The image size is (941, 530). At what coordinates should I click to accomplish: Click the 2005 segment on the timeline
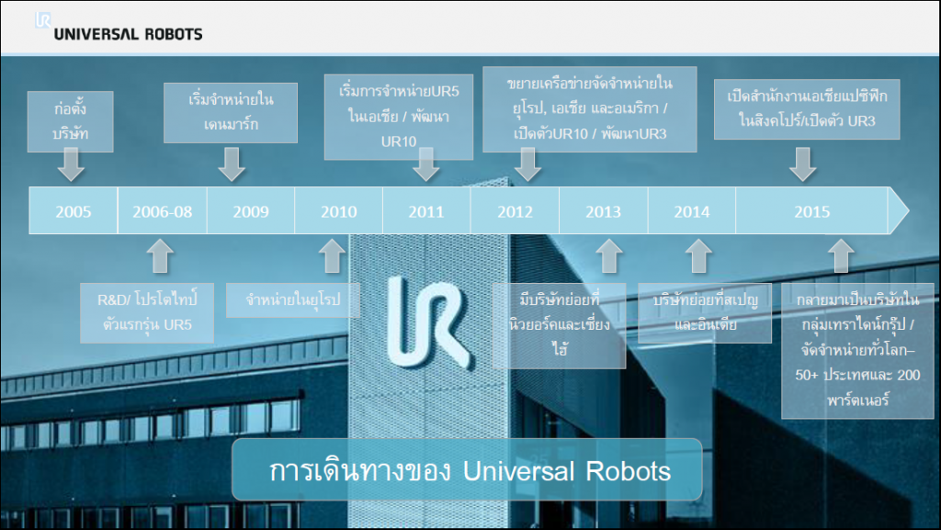pyautogui.click(x=74, y=211)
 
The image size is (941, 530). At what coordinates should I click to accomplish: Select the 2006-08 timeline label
pyautogui.click(x=162, y=211)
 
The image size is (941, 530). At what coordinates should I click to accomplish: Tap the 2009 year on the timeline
pyautogui.click(x=251, y=211)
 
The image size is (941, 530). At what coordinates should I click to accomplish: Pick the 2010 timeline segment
pyautogui.click(x=338, y=211)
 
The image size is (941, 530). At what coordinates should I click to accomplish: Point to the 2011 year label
pyautogui.click(x=426, y=211)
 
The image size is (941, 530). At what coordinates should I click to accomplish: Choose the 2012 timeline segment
pyautogui.click(x=515, y=211)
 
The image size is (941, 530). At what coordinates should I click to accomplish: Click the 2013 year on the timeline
pyautogui.click(x=603, y=211)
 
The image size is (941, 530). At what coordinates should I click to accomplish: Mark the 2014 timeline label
pyautogui.click(x=691, y=211)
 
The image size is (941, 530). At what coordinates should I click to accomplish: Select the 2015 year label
pyautogui.click(x=812, y=211)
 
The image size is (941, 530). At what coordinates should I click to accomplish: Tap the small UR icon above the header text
pyautogui.click(x=43, y=20)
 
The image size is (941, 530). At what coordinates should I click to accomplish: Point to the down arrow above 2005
pyautogui.click(x=71, y=164)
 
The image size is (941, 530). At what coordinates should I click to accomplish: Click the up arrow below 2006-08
pyautogui.click(x=160, y=256)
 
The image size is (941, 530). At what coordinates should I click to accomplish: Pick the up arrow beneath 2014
pyautogui.click(x=698, y=256)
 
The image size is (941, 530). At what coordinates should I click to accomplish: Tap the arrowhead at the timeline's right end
pyautogui.click(x=899, y=210)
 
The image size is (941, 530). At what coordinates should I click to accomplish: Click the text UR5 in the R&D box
pyautogui.click(x=177, y=325)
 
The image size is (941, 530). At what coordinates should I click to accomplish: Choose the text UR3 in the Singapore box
pyautogui.click(x=861, y=121)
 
